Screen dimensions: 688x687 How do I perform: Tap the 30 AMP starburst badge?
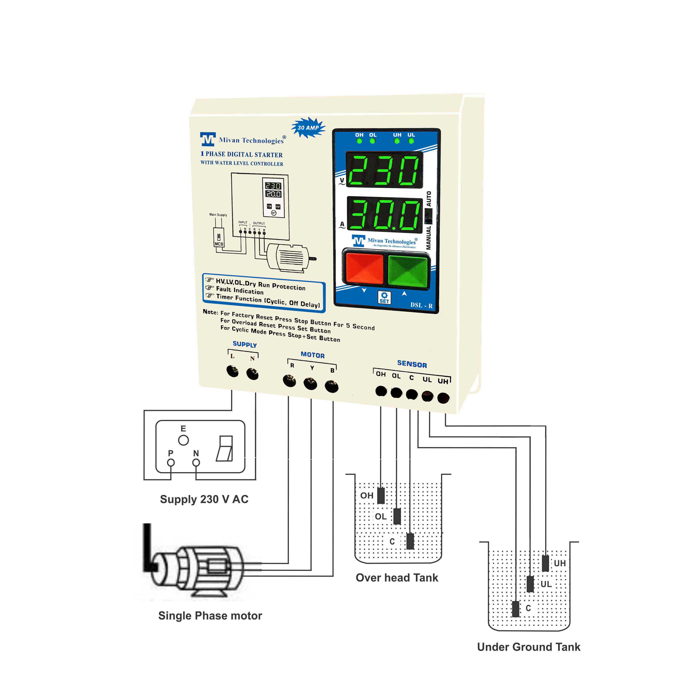[x=308, y=128]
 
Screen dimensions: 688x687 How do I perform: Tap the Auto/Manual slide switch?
[x=428, y=216]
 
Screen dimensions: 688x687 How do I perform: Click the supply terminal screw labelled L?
[x=233, y=371]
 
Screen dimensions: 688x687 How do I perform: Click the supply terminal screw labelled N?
[x=252, y=374]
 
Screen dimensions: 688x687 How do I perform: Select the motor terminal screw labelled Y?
[x=310, y=384]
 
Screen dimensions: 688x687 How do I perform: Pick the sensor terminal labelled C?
[x=412, y=394]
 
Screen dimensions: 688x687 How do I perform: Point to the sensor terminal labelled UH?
[x=443, y=398]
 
